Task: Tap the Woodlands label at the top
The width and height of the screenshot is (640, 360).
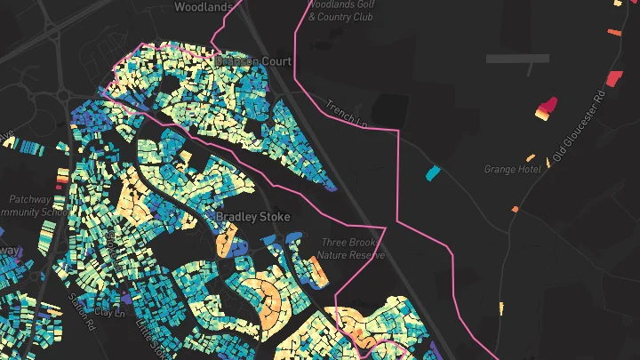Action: [204, 7]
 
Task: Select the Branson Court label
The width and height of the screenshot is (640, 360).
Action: [254, 60]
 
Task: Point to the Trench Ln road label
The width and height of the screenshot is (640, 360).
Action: [346, 112]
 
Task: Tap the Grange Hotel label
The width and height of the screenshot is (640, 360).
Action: [513, 169]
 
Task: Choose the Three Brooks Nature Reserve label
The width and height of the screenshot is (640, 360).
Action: [353, 248]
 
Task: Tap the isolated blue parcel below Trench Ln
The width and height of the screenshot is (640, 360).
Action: [433, 172]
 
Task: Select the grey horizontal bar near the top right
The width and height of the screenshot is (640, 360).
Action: [517, 59]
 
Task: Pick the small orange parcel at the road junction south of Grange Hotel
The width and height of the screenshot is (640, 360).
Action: [515, 209]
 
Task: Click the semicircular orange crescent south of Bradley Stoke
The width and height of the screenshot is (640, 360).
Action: [269, 301]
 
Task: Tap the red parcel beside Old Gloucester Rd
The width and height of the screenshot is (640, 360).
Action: [612, 76]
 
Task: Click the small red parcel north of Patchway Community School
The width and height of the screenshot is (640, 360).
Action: [60, 176]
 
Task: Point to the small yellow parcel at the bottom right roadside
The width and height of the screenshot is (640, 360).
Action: [501, 308]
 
